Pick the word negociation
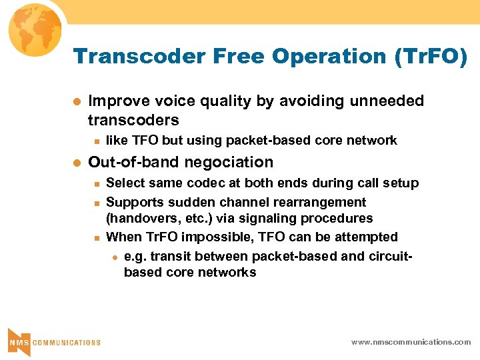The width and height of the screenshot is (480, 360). click(229, 162)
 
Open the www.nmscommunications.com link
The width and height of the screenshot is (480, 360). click(411, 342)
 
